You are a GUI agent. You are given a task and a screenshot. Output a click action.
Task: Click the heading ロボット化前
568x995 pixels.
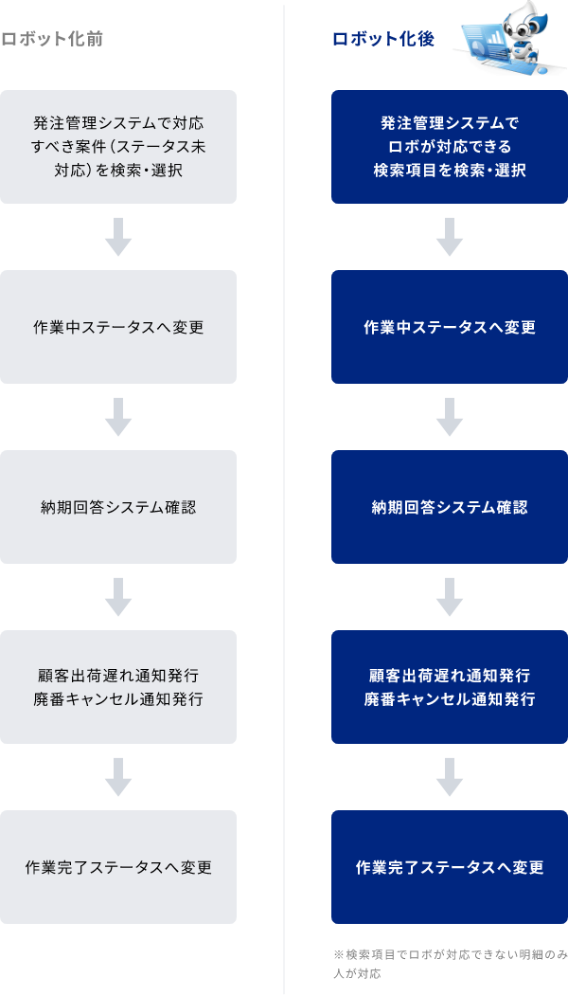[52, 39]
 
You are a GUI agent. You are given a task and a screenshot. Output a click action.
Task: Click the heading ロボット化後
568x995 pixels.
[382, 39]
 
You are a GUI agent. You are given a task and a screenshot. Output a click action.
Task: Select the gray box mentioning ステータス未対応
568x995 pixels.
[118, 147]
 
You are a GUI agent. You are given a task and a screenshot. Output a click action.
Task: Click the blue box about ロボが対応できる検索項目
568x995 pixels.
[450, 147]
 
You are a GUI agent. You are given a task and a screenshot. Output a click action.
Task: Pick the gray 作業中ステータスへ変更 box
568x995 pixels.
[118, 327]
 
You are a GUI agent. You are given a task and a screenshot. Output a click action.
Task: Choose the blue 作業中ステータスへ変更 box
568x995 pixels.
[450, 327]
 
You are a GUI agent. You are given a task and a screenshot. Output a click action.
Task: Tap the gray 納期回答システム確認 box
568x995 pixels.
[118, 507]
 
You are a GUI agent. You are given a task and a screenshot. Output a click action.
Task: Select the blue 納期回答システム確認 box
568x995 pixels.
[450, 507]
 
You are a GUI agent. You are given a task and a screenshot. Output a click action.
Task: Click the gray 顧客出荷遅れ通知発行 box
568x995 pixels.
[118, 687]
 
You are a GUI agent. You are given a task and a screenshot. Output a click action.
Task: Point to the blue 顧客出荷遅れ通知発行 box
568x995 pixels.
[450, 687]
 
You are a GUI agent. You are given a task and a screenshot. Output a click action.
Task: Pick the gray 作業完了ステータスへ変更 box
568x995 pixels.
[118, 867]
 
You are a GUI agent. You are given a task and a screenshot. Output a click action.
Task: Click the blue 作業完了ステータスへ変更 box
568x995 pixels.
[450, 867]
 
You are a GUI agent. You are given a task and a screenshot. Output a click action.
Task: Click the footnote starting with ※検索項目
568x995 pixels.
[449, 964]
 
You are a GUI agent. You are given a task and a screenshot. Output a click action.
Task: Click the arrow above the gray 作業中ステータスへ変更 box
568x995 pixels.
[118, 237]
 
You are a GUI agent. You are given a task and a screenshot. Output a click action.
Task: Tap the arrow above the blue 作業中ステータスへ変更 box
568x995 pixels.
[450, 237]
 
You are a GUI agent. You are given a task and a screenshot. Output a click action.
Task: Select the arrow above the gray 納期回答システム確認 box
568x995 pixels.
[118, 417]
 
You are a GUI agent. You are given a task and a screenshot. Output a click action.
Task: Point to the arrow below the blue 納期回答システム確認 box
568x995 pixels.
[450, 597]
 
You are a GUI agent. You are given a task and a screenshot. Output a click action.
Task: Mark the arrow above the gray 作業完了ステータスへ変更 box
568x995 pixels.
[118, 777]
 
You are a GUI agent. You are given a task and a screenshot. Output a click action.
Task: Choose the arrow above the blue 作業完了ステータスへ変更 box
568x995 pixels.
[450, 777]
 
